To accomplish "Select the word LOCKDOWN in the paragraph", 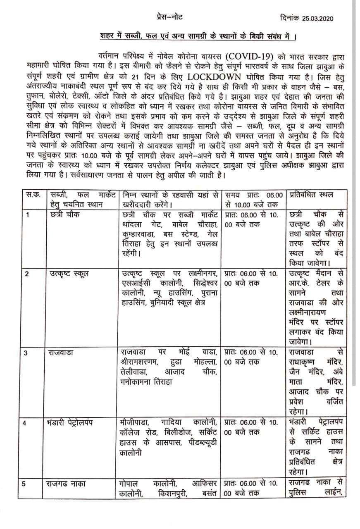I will (x=214, y=77).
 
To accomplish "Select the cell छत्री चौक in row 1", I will (x=64, y=214).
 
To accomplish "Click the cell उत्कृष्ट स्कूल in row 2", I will (x=68, y=274).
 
